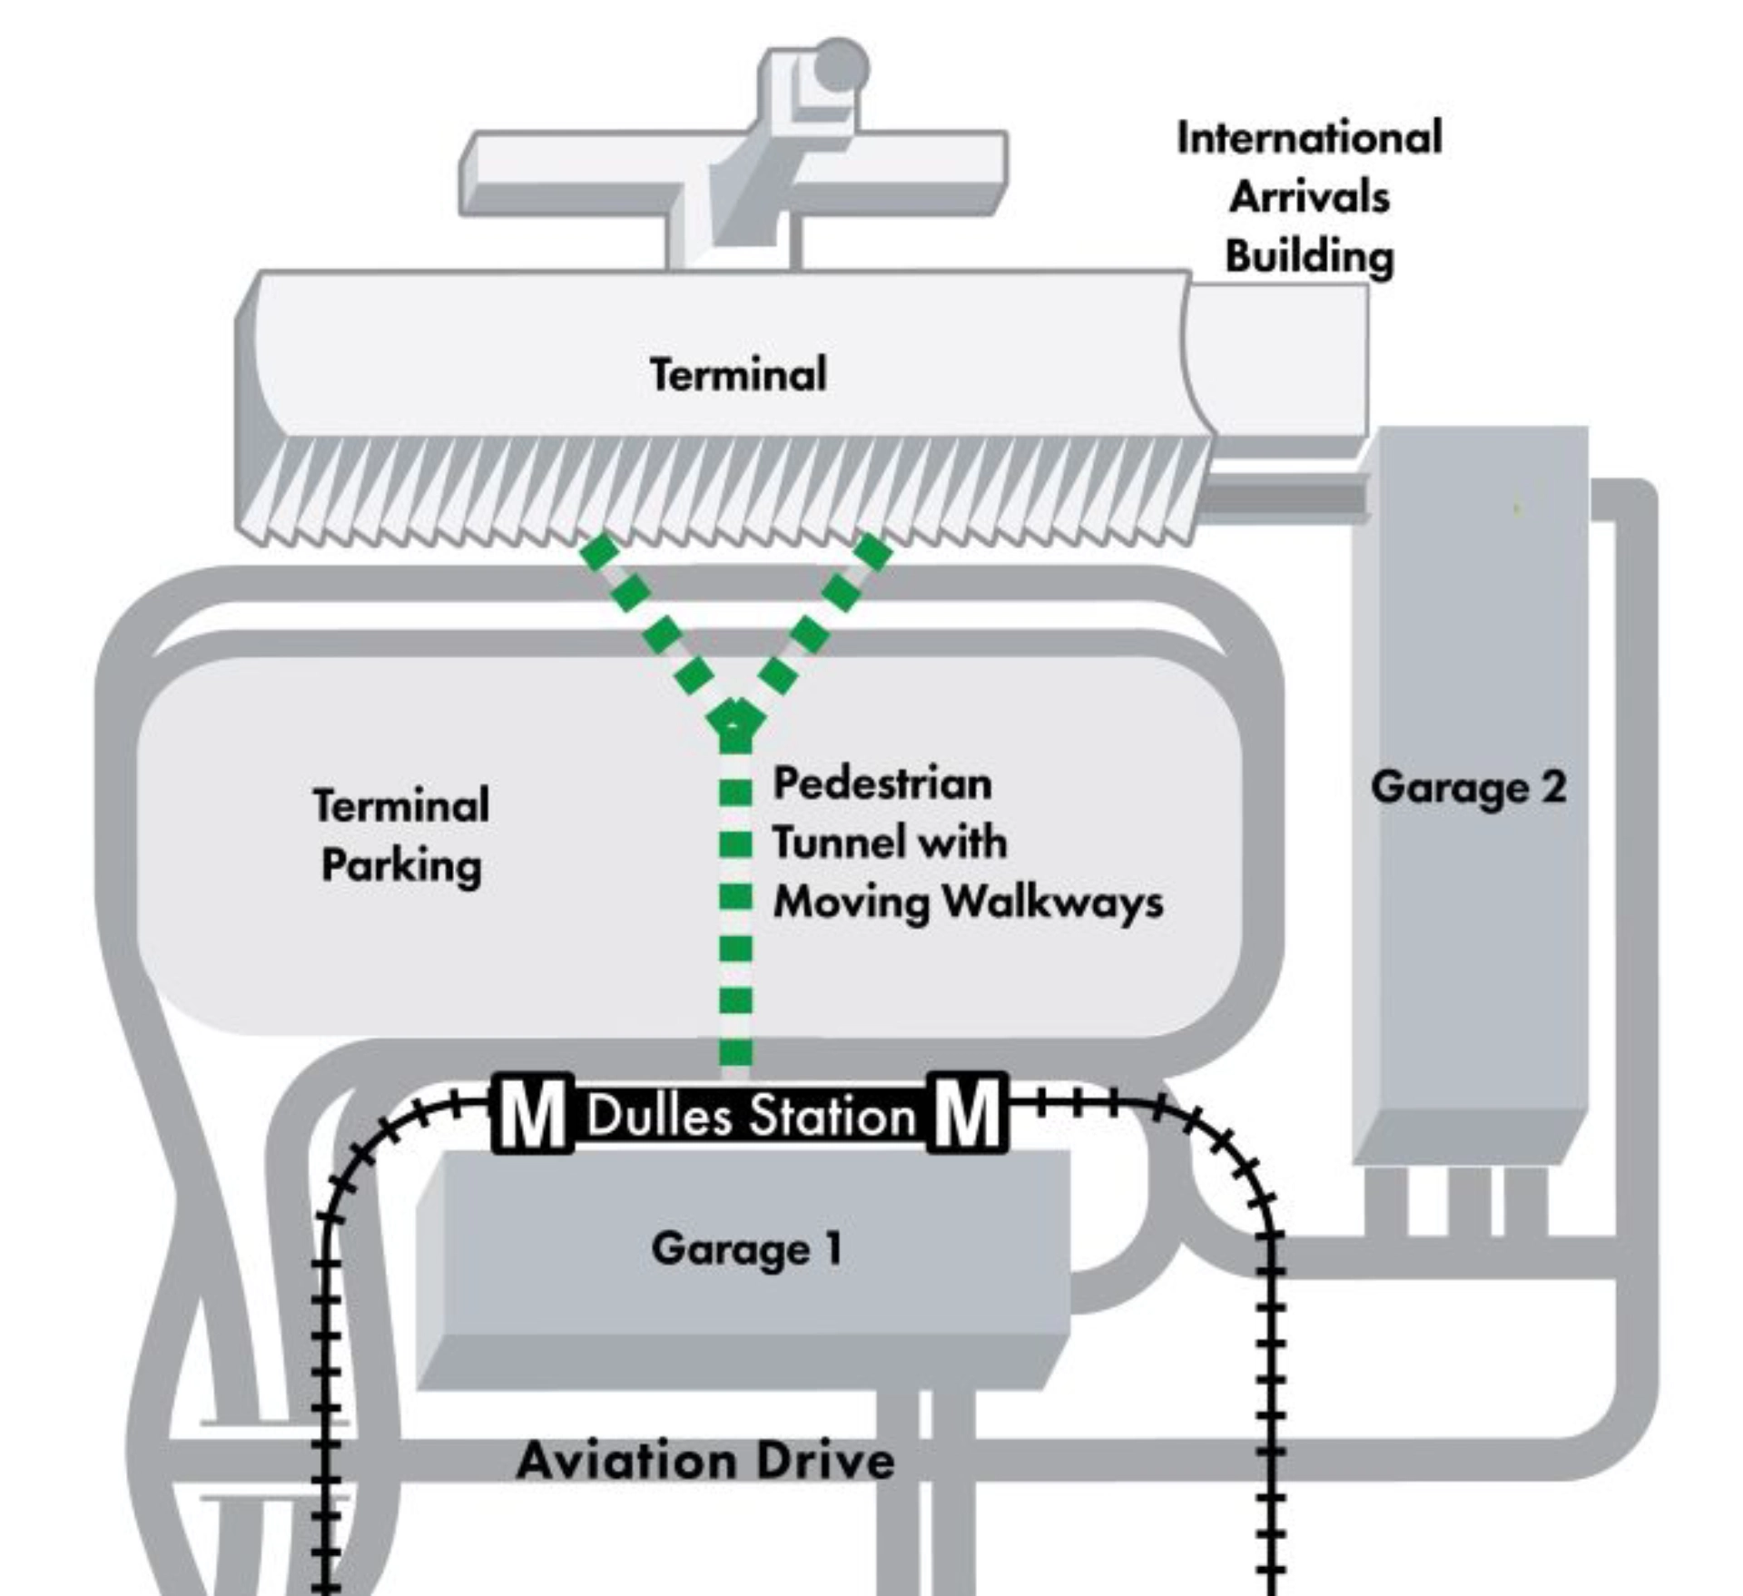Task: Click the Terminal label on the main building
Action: coord(738,375)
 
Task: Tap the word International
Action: coord(1309,139)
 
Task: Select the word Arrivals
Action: coord(1309,198)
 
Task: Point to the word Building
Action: coord(1309,257)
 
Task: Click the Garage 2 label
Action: coord(1468,787)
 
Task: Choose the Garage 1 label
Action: coord(746,1249)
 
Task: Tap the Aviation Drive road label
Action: coord(705,1461)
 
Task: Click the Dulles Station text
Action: coord(751,1116)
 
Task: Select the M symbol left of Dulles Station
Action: coord(533,1115)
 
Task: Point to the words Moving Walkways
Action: coord(968,902)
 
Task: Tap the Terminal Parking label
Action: coord(401,835)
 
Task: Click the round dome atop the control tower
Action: coord(841,65)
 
